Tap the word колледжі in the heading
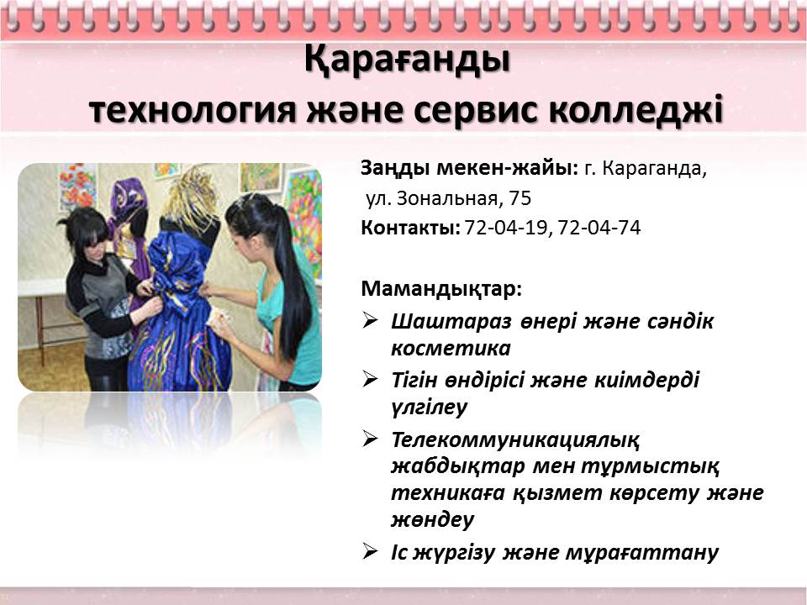pos(636,110)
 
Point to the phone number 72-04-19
pos(505,228)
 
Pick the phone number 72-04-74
pos(599,228)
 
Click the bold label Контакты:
pos(411,228)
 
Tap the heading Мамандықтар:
pos(441,288)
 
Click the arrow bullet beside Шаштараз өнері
pos(370,320)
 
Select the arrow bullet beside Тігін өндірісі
pos(370,379)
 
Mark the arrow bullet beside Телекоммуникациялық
pos(370,439)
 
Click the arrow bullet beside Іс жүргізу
pos(370,551)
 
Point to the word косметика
pos(451,349)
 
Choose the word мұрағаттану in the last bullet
pos(641,553)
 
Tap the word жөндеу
pos(432,520)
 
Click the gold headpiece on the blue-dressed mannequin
pos(192,198)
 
